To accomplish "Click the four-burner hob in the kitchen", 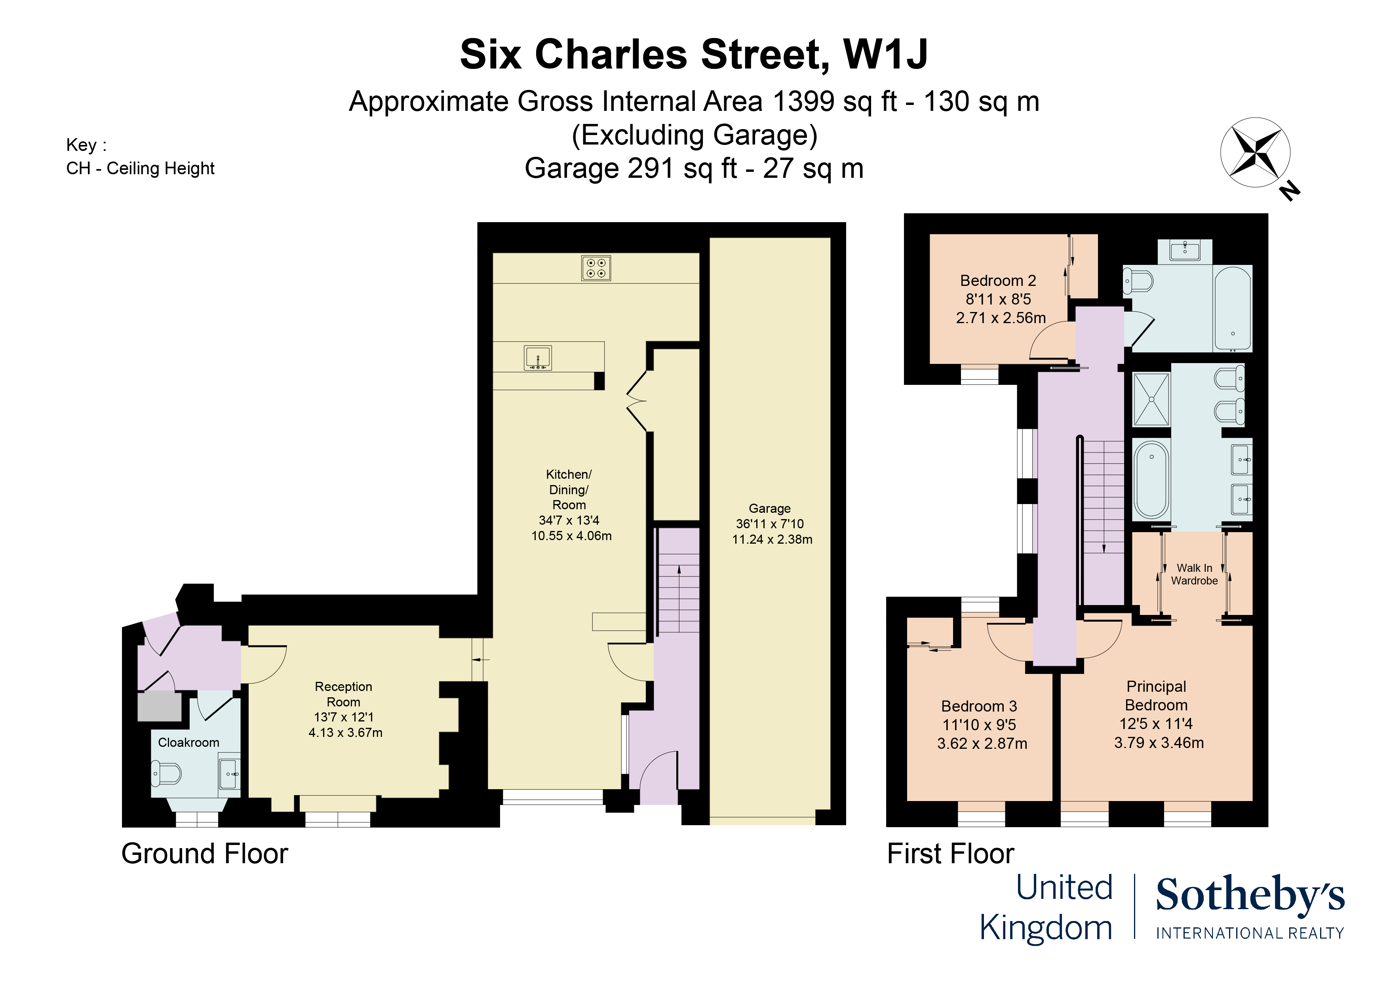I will tap(596, 268).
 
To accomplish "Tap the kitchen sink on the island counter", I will tap(537, 358).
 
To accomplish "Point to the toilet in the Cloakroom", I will tap(166, 774).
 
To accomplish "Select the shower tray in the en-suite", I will tap(1151, 400).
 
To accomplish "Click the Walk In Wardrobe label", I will tap(1194, 574).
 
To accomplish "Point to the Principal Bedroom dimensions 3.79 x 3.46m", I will tap(1159, 742).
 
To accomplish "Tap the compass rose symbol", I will tap(1255, 152).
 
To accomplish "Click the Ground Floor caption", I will tap(204, 854).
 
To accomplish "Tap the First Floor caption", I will tap(950, 854).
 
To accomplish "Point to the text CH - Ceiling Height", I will tap(140, 168).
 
